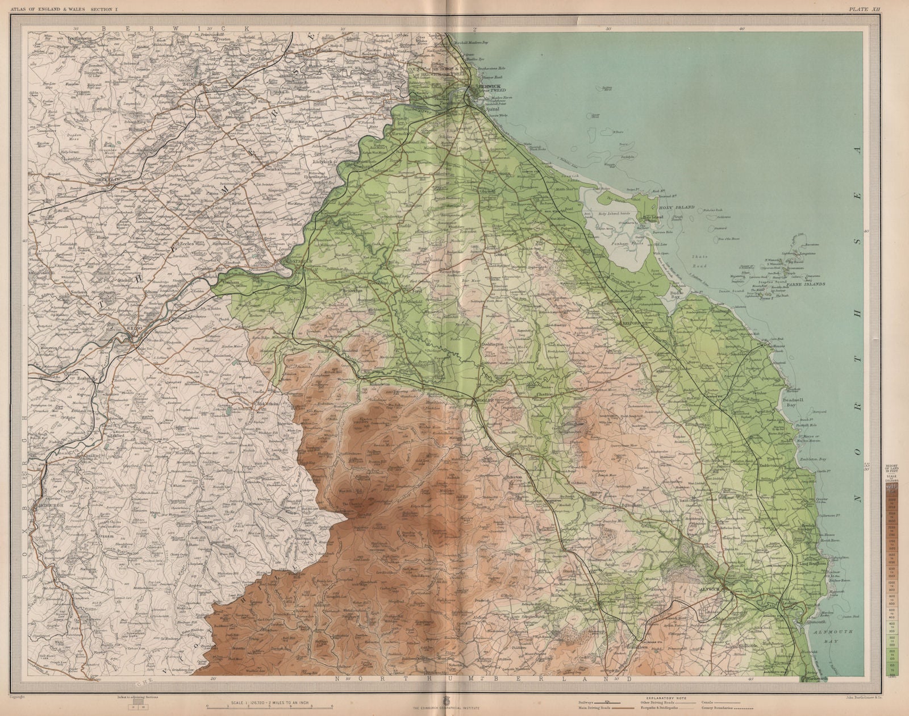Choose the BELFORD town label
coord(628,322)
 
